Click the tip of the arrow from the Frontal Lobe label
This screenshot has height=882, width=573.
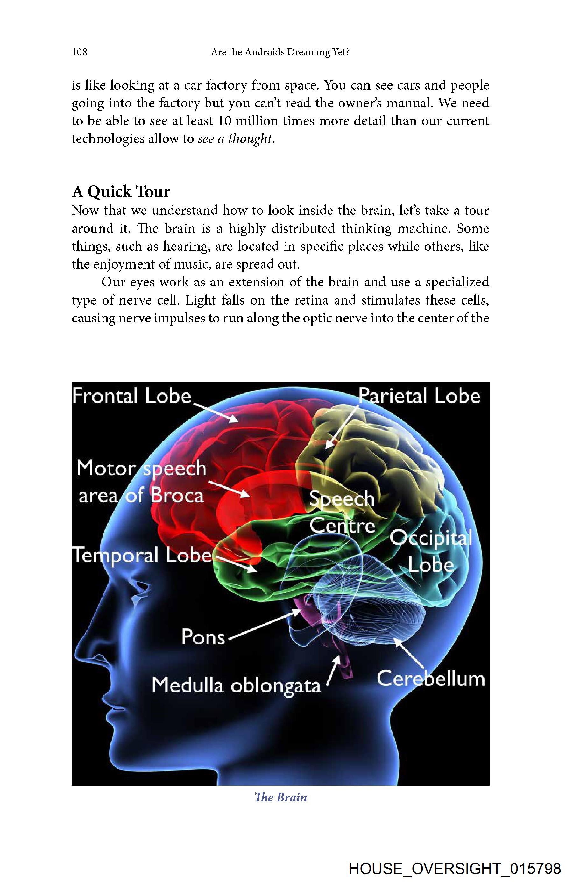[238, 422]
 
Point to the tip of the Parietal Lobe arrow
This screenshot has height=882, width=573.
[326, 449]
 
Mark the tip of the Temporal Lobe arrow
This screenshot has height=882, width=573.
[257, 571]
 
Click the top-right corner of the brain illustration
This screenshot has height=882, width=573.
[489, 383]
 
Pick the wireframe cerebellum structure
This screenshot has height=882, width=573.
[371, 608]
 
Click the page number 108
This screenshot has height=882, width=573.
[80, 52]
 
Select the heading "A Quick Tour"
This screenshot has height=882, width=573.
[121, 192]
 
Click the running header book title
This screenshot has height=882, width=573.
[280, 52]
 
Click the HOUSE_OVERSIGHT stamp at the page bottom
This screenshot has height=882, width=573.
[455, 866]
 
